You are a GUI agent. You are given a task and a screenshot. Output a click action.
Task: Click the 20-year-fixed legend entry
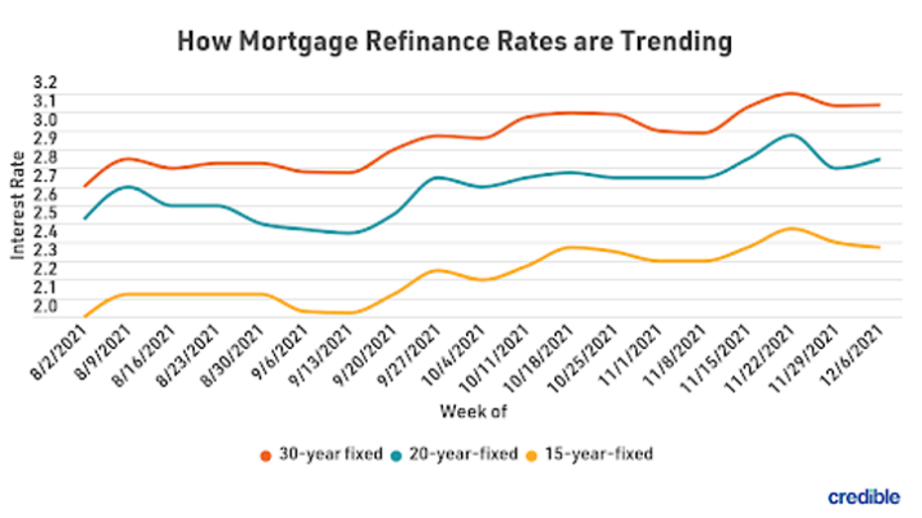(464, 454)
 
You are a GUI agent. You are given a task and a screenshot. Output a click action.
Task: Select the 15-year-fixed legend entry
(599, 454)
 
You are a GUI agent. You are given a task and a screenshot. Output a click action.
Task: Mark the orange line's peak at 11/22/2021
(788, 93)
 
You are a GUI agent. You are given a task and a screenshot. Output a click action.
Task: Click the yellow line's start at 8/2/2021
(86, 316)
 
